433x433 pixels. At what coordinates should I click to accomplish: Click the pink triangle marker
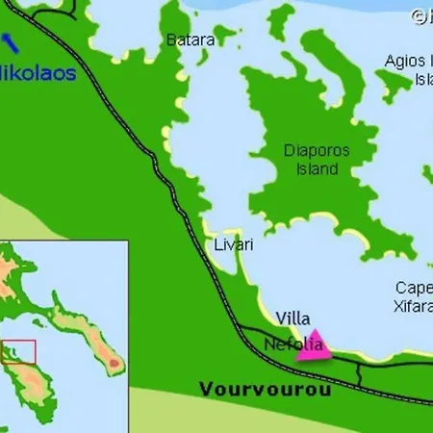point(314,346)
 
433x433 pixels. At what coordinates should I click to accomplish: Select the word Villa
point(293,317)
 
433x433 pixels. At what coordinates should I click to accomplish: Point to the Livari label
point(234,245)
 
